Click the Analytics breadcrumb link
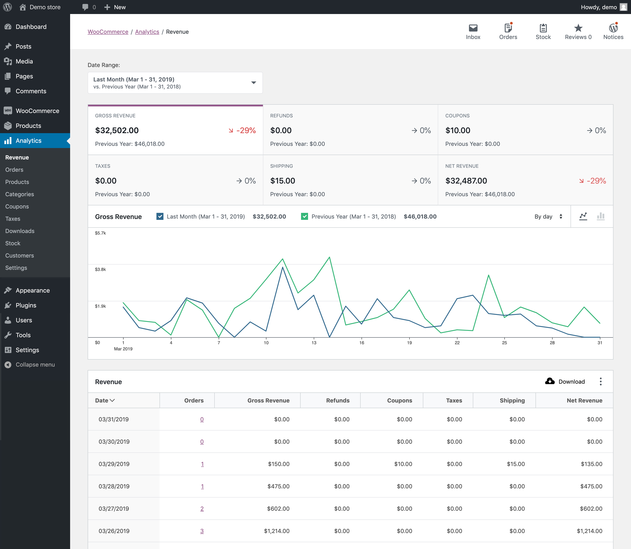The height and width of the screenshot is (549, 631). (x=147, y=32)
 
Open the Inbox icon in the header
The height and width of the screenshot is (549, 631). (x=473, y=28)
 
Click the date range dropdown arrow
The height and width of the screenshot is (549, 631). (x=253, y=83)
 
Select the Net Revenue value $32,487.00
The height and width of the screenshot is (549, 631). (x=466, y=181)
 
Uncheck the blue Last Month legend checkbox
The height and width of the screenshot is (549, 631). (x=160, y=217)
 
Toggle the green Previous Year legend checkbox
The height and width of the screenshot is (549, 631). (x=304, y=217)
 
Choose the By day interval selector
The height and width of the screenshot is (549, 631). (x=548, y=217)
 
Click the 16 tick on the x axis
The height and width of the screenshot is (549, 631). (x=362, y=343)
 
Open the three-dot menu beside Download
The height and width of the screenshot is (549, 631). (x=600, y=381)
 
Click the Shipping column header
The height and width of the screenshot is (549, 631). (x=512, y=400)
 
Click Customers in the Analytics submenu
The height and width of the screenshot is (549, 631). (x=20, y=256)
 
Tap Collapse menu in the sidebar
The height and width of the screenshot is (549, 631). (x=35, y=365)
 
